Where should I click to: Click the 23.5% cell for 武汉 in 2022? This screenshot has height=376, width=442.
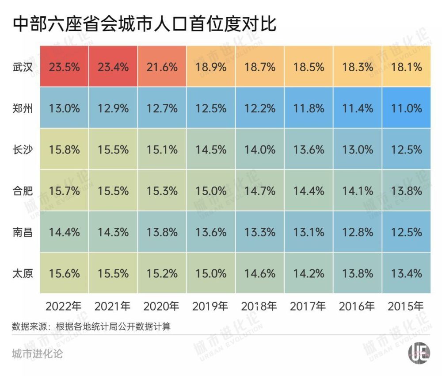coord(65,67)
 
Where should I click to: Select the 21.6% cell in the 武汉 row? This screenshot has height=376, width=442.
coord(162,67)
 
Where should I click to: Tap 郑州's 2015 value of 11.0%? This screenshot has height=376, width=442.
coord(406,108)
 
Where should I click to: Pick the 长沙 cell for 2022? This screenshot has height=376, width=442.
coord(65,150)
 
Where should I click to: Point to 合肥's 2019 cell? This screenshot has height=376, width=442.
coord(211,191)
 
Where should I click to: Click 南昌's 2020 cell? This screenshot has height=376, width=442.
coord(162,232)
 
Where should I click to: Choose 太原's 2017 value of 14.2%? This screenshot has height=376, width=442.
coord(309,273)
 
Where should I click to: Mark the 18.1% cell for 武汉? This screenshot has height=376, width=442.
coord(406,67)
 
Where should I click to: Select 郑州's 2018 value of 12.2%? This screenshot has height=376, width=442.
coord(259,108)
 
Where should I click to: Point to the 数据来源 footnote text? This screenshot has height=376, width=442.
coord(91,327)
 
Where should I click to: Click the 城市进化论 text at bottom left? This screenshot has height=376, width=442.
coord(38,354)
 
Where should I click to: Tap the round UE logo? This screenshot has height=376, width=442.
coord(419,354)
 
